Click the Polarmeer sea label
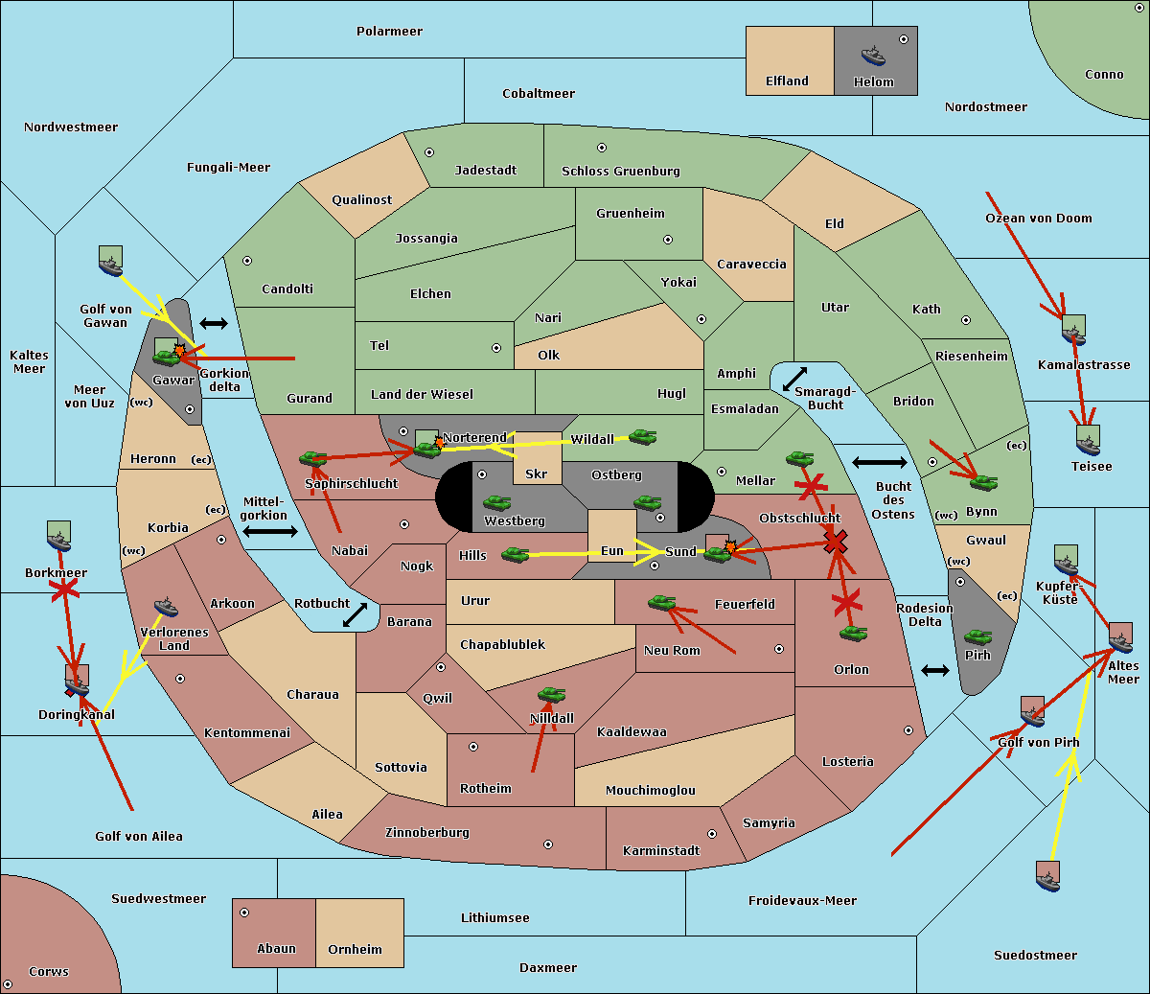point(389,32)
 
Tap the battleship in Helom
point(872,55)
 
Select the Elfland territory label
point(787,81)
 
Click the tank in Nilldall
point(551,695)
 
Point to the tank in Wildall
point(642,437)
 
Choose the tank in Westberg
point(496,502)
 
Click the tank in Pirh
point(977,636)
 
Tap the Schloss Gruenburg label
point(620,172)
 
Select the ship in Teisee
point(1088,442)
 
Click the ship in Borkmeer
point(59,539)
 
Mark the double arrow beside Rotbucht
point(355,614)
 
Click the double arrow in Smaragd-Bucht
point(794,380)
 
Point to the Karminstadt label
point(661,851)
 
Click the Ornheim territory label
point(355,950)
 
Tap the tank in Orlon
point(853,634)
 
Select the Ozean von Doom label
point(1038,219)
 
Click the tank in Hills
point(515,554)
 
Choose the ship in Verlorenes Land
point(166,607)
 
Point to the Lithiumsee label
point(494,918)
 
